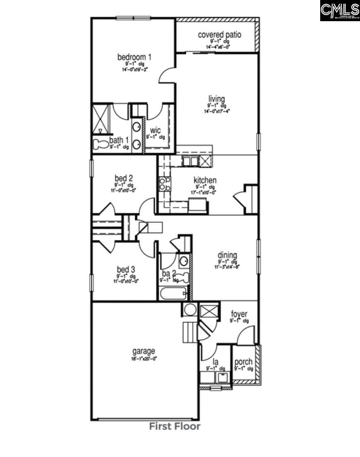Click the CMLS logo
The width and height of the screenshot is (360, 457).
click(x=339, y=11)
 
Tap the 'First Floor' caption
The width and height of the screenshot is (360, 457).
click(x=175, y=426)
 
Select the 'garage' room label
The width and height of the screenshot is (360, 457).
click(x=144, y=351)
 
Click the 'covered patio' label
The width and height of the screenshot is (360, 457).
click(x=219, y=35)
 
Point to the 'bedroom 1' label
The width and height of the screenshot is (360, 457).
click(x=134, y=57)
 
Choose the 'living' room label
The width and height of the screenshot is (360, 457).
click(x=216, y=99)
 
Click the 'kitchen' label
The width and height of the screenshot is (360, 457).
click(x=205, y=181)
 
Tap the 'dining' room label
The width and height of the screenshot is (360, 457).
click(x=227, y=255)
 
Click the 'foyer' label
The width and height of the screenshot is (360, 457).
click(x=239, y=314)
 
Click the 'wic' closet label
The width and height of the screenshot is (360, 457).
click(x=156, y=131)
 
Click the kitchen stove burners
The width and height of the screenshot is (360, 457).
click(x=165, y=183)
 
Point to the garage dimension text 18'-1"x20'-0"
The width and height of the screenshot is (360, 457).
click(x=144, y=359)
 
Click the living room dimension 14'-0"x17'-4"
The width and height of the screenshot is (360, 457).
click(x=216, y=111)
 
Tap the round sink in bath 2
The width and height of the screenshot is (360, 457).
click(x=184, y=261)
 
